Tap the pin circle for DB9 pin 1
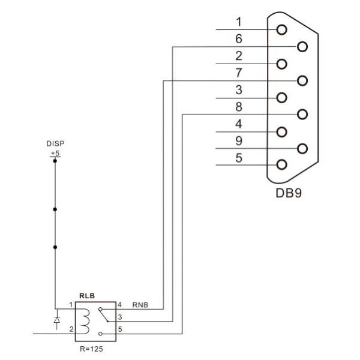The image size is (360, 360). coord(281,29)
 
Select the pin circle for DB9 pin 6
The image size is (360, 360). coord(301,46)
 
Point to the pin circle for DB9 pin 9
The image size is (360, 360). coord(301,148)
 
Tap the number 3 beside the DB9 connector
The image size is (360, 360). coord(238,91)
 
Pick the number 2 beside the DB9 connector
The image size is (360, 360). coord(238,56)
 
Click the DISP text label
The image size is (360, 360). coord(55,145)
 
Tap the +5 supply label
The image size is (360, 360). coord(55,154)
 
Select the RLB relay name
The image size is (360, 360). coord(87,296)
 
